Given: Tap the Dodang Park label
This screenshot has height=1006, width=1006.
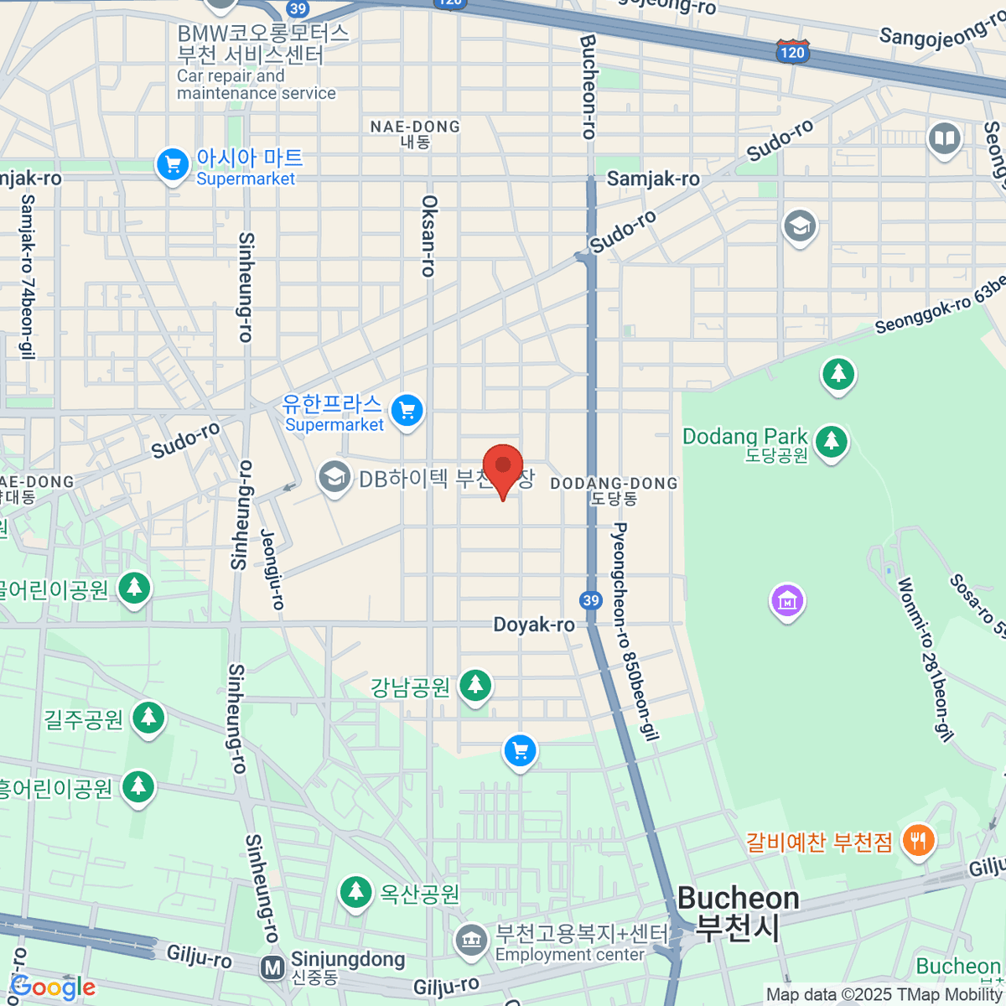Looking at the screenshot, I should pyautogui.click(x=744, y=437).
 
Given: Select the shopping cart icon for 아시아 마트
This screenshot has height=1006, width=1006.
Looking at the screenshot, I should pyautogui.click(x=173, y=164).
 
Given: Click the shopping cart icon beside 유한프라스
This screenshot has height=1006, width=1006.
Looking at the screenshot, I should pyautogui.click(x=407, y=411).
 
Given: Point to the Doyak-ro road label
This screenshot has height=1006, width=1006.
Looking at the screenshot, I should pyautogui.click(x=534, y=625).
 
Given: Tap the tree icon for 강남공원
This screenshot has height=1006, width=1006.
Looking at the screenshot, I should pyautogui.click(x=475, y=685).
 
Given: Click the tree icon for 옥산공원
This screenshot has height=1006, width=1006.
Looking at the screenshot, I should pyautogui.click(x=355, y=892).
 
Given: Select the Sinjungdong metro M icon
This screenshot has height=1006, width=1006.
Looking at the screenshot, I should pyautogui.click(x=272, y=968).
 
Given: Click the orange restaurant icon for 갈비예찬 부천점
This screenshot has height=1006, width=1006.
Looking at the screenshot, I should pyautogui.click(x=919, y=840).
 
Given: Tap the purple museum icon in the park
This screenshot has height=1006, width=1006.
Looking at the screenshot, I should pyautogui.click(x=787, y=600).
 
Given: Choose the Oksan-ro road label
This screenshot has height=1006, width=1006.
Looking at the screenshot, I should pyautogui.click(x=428, y=236).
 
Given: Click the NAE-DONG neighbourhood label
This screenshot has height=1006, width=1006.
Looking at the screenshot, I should pyautogui.click(x=416, y=127).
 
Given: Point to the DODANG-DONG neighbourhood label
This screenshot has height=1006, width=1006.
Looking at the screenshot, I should pyautogui.click(x=614, y=484).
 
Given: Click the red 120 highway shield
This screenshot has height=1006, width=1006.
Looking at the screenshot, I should pyautogui.click(x=791, y=52).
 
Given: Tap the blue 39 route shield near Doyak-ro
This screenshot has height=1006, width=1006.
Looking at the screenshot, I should pyautogui.click(x=591, y=599).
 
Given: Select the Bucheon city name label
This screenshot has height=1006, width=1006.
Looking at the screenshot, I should pyautogui.click(x=738, y=899).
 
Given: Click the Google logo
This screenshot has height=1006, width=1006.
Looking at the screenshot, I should pyautogui.click(x=52, y=987).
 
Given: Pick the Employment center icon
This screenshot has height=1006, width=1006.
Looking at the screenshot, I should pyautogui.click(x=471, y=941).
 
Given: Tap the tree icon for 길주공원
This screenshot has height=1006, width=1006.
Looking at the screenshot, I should pyautogui.click(x=149, y=717).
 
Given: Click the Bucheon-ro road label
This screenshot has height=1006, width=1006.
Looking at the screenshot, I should pyautogui.click(x=589, y=86).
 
